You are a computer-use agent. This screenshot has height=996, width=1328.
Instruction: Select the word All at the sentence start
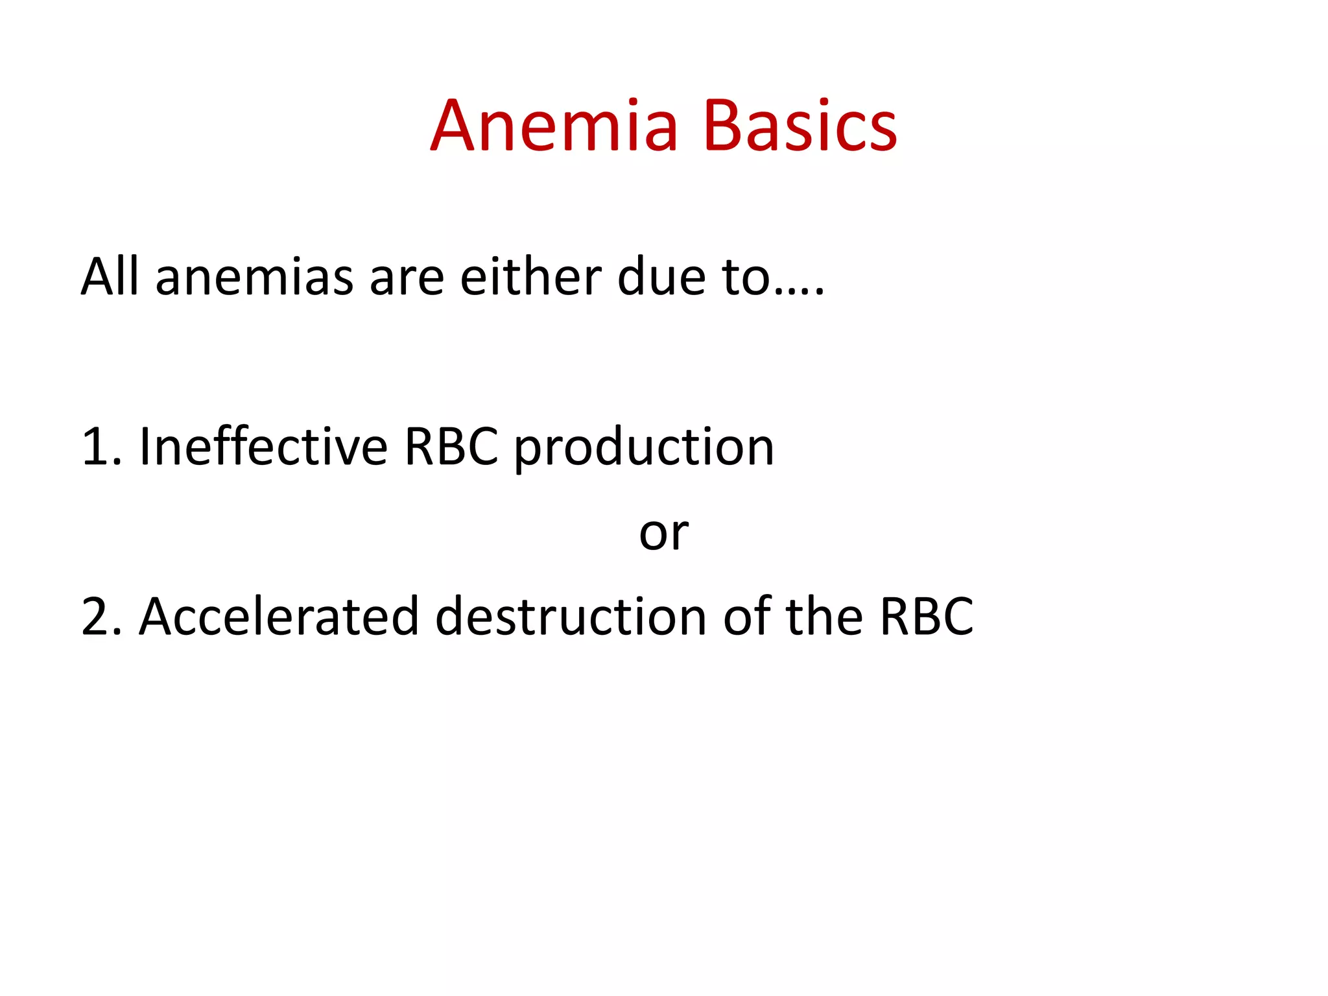[x=109, y=277]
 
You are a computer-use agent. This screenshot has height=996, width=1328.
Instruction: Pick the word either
[x=530, y=277]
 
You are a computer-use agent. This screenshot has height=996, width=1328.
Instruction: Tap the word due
[x=661, y=277]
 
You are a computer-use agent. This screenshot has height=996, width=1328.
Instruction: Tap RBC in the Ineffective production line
[x=451, y=447]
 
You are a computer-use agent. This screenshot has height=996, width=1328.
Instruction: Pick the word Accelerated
[x=279, y=617]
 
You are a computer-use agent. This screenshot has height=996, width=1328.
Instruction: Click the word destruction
[x=571, y=617]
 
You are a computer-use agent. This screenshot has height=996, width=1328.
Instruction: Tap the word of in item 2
[x=746, y=615]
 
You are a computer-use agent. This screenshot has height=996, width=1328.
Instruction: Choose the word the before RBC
[x=824, y=615]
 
